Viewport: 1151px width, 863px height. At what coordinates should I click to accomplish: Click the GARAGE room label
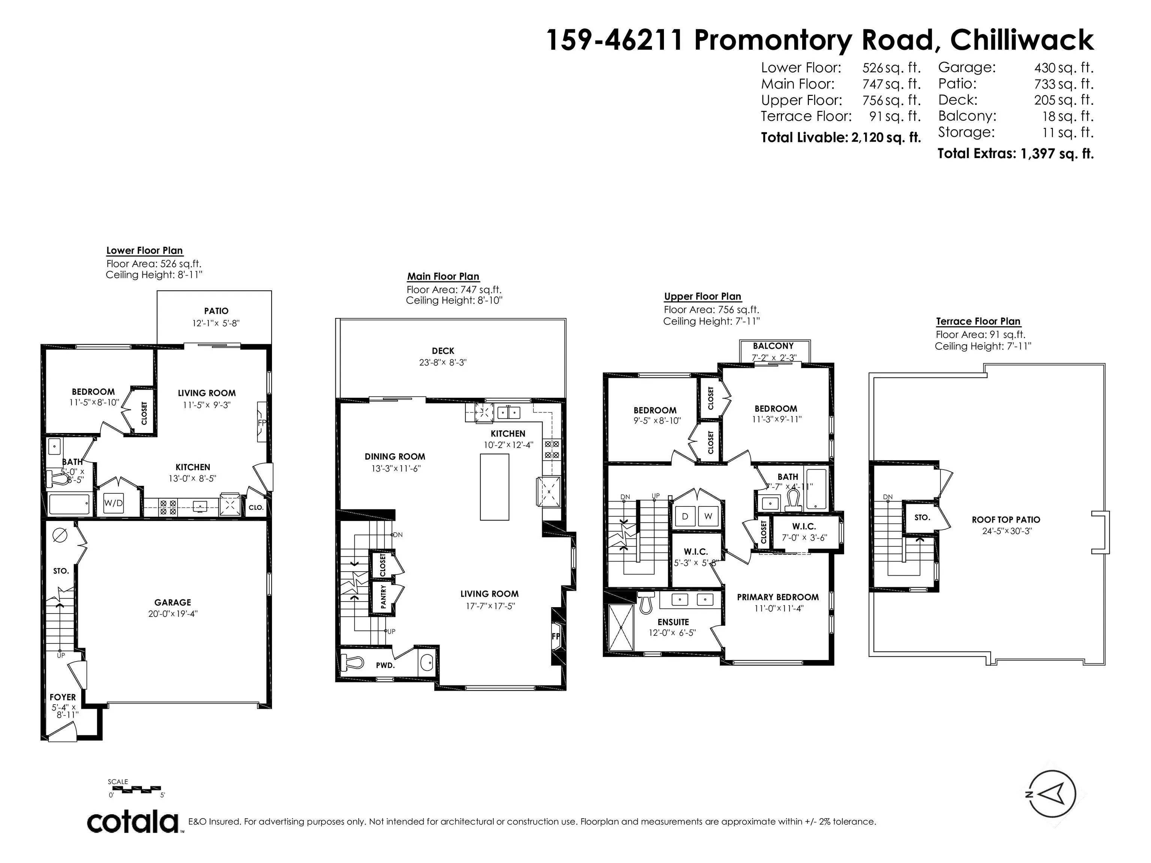coord(173,602)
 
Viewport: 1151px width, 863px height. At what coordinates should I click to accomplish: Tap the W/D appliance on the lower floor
coord(114,503)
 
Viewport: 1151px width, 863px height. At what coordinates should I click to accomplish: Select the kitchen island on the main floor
coord(494,487)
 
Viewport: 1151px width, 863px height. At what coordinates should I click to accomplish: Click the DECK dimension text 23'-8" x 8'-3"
coord(443,363)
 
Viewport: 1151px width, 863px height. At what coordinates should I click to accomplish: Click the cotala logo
coord(133,823)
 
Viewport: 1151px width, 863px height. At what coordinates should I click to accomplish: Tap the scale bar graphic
coord(137,790)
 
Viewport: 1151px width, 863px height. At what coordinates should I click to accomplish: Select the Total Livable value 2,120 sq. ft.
coord(886,137)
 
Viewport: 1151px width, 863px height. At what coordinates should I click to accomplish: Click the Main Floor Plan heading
coord(443,277)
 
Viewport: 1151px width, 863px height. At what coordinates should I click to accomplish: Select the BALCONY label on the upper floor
coord(773,346)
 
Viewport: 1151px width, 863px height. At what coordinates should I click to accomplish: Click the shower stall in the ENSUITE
coord(620,627)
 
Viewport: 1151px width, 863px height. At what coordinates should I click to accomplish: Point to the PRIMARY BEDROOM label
coord(777,597)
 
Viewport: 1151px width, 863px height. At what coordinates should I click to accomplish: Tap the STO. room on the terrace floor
coord(922,518)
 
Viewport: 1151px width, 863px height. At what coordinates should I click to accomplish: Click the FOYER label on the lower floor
coord(63,697)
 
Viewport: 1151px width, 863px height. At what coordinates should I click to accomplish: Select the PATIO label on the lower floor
coord(216,311)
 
